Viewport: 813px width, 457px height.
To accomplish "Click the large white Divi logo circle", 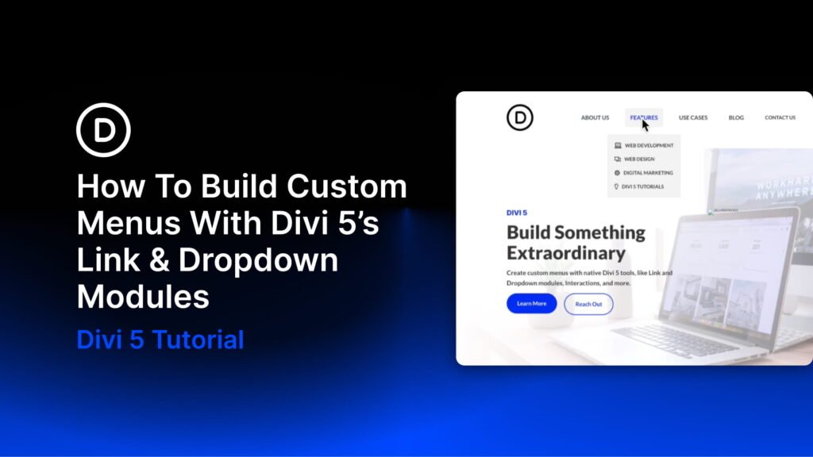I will [103, 130].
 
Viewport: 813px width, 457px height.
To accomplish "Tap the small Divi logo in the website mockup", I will [520, 117].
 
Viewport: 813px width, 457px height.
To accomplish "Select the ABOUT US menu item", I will [595, 117].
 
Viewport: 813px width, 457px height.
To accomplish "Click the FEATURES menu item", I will [644, 117].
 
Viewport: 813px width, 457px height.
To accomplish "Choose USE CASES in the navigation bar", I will [693, 117].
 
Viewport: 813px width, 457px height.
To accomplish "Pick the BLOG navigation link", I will [736, 117].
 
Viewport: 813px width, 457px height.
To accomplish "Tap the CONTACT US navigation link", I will [780, 117].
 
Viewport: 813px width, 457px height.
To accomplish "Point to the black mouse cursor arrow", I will [645, 125].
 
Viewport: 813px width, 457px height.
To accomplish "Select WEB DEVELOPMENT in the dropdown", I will [649, 146].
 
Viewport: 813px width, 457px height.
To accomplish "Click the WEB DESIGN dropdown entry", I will [639, 159].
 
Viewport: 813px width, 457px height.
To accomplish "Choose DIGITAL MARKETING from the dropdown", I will [648, 173].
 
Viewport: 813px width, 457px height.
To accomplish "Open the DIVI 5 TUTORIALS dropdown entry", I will [642, 186].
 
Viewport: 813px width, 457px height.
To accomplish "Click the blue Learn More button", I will [531, 304].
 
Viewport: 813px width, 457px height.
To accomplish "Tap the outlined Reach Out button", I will [588, 304].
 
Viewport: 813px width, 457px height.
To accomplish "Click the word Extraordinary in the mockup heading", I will [566, 253].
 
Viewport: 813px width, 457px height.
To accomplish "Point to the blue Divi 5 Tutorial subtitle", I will [160, 340].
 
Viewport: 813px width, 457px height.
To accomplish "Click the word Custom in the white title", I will [346, 187].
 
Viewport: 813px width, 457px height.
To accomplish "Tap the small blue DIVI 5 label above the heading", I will [517, 213].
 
